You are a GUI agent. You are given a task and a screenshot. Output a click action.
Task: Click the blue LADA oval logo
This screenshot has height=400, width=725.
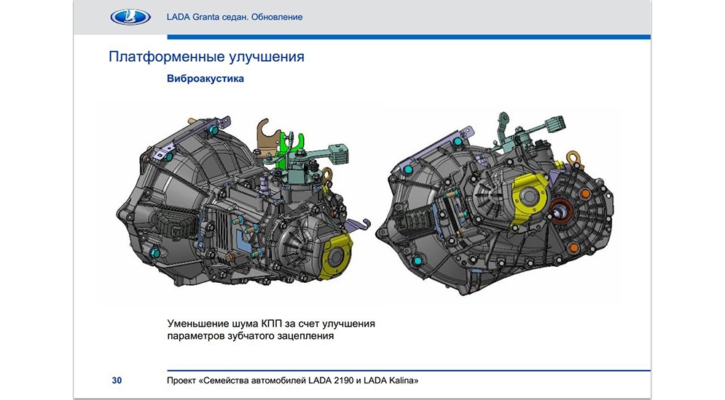point(130,17)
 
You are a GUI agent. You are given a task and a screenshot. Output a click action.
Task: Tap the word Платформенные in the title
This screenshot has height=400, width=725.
point(160,57)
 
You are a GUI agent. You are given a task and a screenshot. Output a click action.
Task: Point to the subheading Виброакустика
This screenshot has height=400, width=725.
point(205,79)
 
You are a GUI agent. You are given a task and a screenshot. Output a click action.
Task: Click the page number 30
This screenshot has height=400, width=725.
point(117,380)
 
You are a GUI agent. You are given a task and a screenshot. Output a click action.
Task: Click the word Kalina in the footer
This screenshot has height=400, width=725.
point(403,380)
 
